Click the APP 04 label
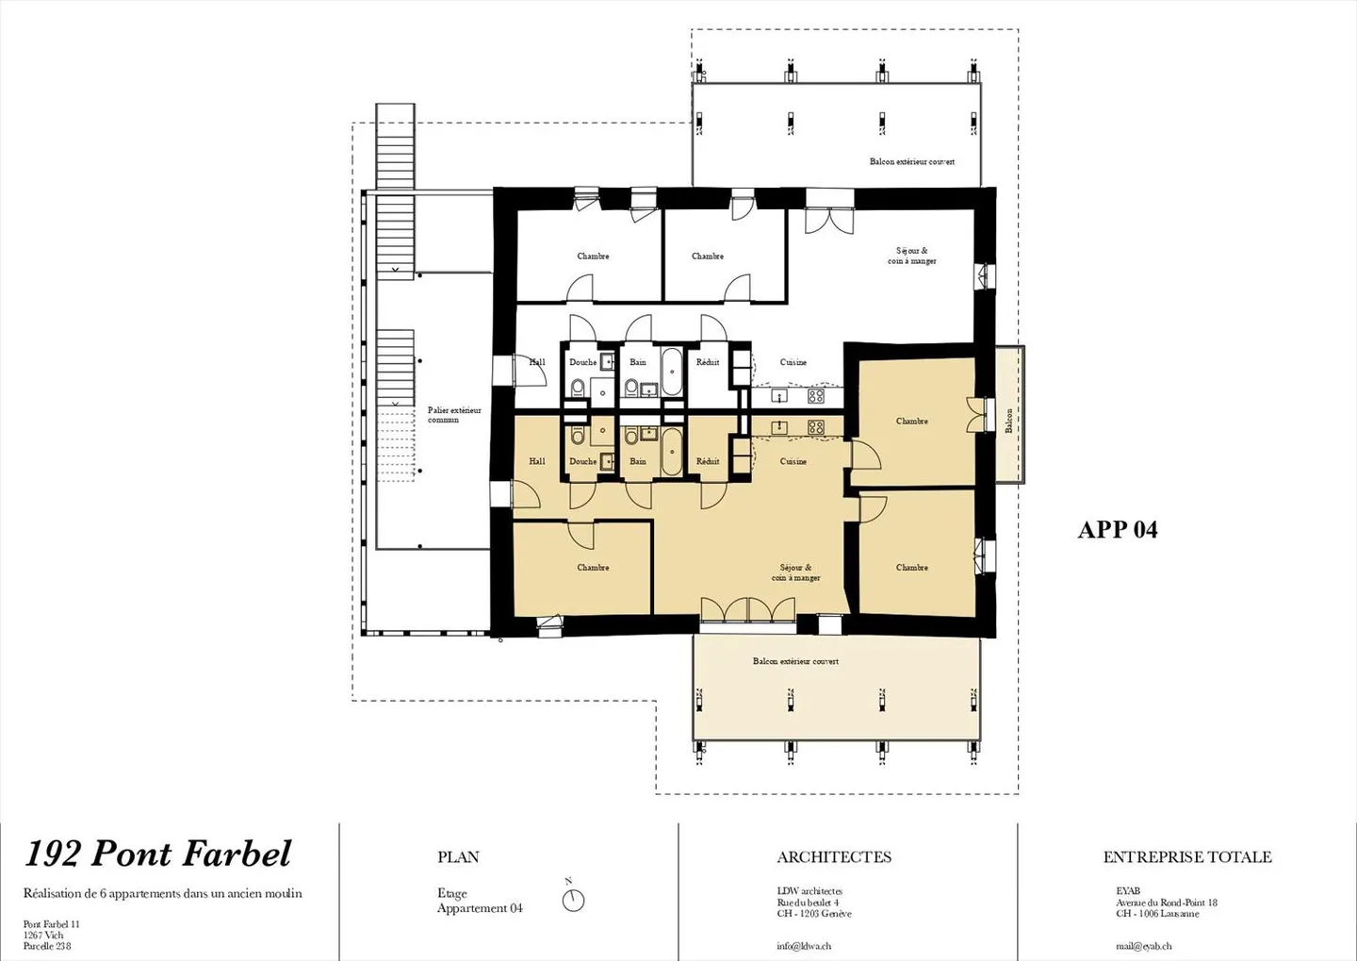point(1117,530)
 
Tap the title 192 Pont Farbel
point(157,853)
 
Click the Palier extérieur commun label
point(453,415)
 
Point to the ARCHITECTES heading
point(833,857)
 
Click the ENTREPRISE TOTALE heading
point(1186,857)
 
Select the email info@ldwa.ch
point(803,946)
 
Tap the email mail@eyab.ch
point(1143,946)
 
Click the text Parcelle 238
point(47,946)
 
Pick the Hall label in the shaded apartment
point(536,461)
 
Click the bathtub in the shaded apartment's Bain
point(670,451)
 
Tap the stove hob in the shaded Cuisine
point(815,427)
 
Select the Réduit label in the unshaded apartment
point(707,362)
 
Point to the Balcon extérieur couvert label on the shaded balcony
point(795,661)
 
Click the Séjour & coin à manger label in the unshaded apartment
point(911,256)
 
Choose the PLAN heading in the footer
point(458,857)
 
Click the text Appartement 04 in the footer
point(479,908)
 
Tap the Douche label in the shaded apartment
point(582,461)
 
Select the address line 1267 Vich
point(43,936)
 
